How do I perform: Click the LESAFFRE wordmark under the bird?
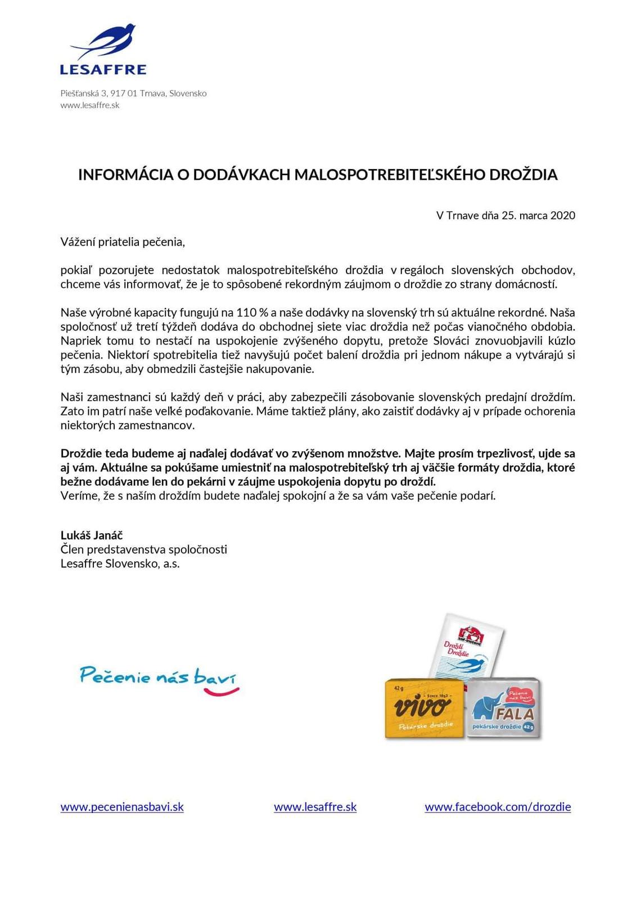tap(103, 70)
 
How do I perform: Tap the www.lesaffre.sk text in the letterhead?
tap(90, 105)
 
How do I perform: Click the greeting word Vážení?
tap(78, 242)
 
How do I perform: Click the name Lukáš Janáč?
tap(92, 535)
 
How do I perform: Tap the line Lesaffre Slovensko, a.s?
tap(120, 563)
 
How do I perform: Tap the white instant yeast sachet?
tap(467, 646)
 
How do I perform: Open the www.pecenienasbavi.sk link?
tap(122, 807)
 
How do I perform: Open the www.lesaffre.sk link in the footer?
tap(315, 807)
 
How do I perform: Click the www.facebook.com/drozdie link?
tap(498, 807)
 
